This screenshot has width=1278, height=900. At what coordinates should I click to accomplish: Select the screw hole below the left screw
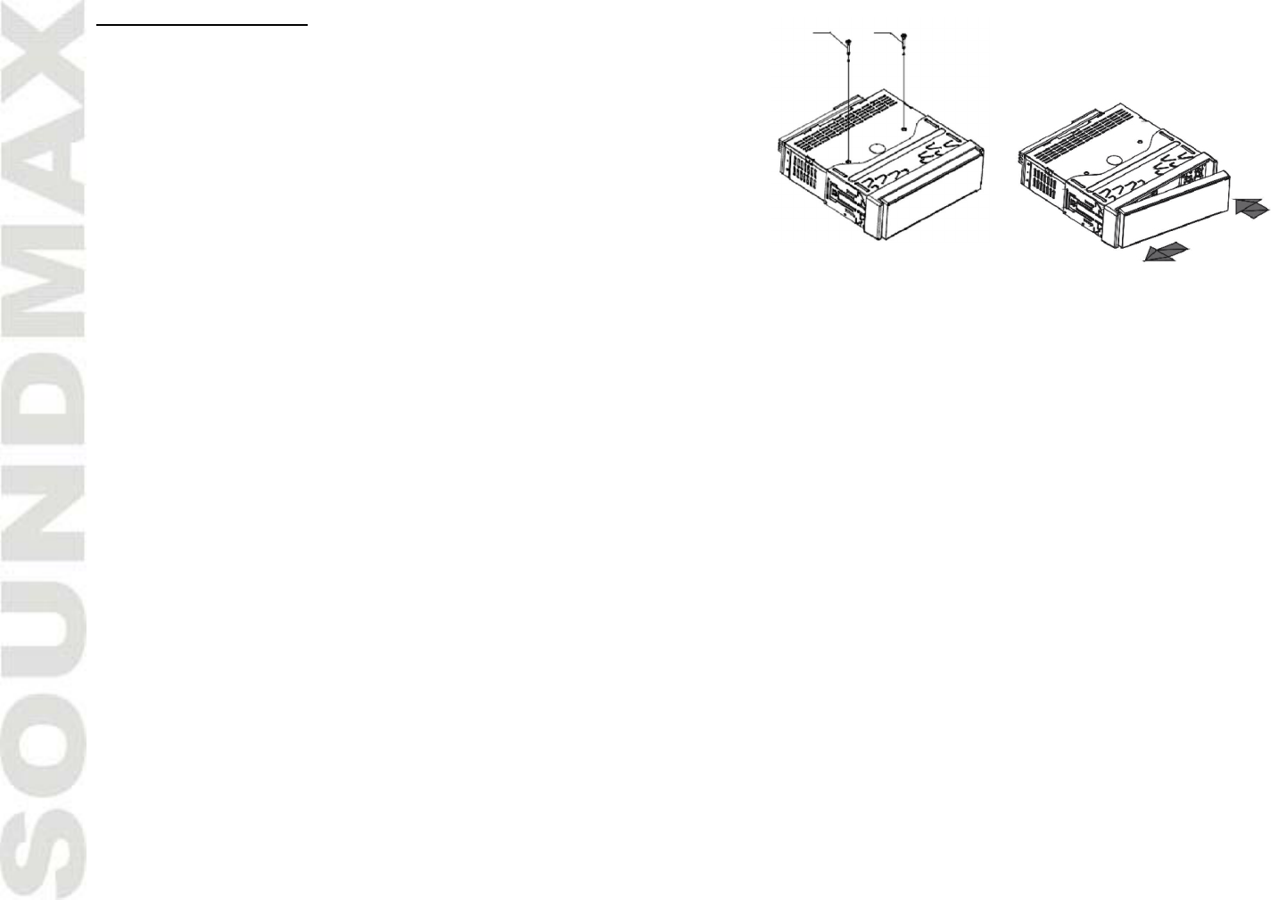848,161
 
